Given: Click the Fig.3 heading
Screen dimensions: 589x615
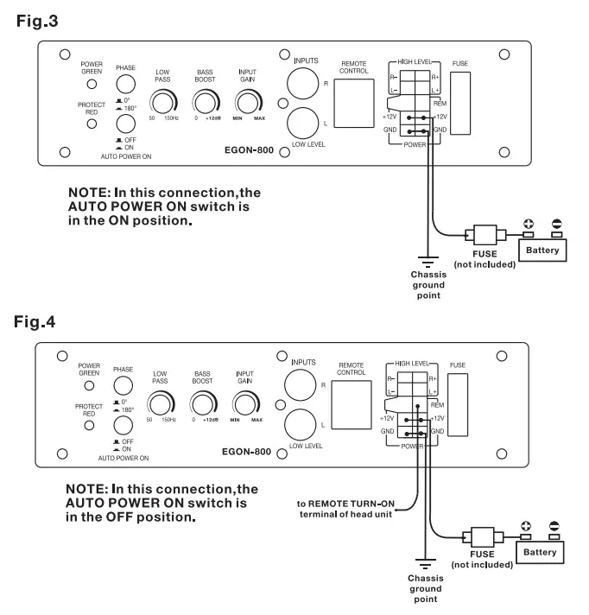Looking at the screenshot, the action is (x=37, y=21).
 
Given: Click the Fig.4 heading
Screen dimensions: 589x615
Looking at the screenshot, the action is (x=35, y=322).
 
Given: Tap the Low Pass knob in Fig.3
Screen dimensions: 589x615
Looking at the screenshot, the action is (x=162, y=103).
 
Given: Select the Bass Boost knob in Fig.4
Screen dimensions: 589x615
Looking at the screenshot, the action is (x=203, y=404).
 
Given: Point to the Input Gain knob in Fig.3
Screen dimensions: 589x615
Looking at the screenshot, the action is (x=248, y=103).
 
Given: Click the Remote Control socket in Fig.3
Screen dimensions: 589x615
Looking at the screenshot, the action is (x=354, y=103).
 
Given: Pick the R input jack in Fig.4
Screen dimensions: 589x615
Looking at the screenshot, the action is (x=300, y=384).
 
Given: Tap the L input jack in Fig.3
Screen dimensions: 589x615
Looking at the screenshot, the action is (x=303, y=124).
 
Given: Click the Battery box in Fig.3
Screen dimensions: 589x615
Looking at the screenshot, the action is (x=542, y=250).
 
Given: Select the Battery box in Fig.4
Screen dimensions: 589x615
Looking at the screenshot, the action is (x=540, y=552).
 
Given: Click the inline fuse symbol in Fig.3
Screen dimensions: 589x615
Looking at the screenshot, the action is (x=485, y=235).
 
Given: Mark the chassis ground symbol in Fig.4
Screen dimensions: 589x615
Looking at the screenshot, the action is (x=426, y=564).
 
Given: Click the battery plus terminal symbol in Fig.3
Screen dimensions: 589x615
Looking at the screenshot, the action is (x=529, y=224).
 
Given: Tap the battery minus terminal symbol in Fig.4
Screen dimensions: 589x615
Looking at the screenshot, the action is (x=554, y=526).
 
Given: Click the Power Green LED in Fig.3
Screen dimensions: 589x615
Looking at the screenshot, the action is (x=92, y=84).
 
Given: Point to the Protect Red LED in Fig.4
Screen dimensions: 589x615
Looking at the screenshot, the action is (x=89, y=425).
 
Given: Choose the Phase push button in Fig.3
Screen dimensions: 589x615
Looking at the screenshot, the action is (x=125, y=84).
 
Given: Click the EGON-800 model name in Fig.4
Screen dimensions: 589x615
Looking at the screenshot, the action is (x=246, y=452).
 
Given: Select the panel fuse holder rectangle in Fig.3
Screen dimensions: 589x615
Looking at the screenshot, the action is (x=460, y=103).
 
